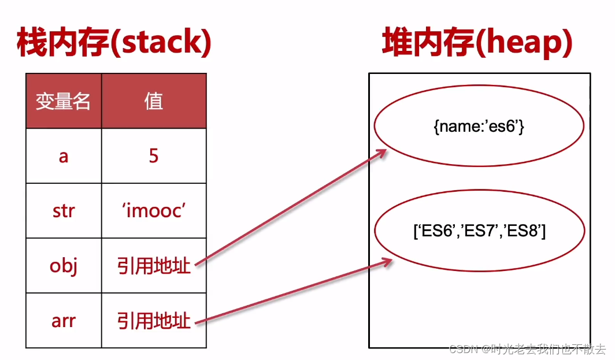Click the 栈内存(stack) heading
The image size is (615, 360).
(114, 43)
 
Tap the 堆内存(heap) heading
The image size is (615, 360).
(477, 43)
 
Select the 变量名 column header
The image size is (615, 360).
(64, 102)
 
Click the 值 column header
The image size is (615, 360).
(154, 102)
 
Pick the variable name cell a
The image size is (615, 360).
(64, 156)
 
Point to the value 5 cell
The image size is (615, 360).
(154, 156)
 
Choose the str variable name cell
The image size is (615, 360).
(64, 210)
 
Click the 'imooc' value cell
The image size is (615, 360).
(154, 210)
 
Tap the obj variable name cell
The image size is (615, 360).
(64, 266)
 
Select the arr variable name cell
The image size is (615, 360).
(64, 320)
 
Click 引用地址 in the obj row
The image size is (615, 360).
(154, 266)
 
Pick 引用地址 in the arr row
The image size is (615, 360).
(154, 320)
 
